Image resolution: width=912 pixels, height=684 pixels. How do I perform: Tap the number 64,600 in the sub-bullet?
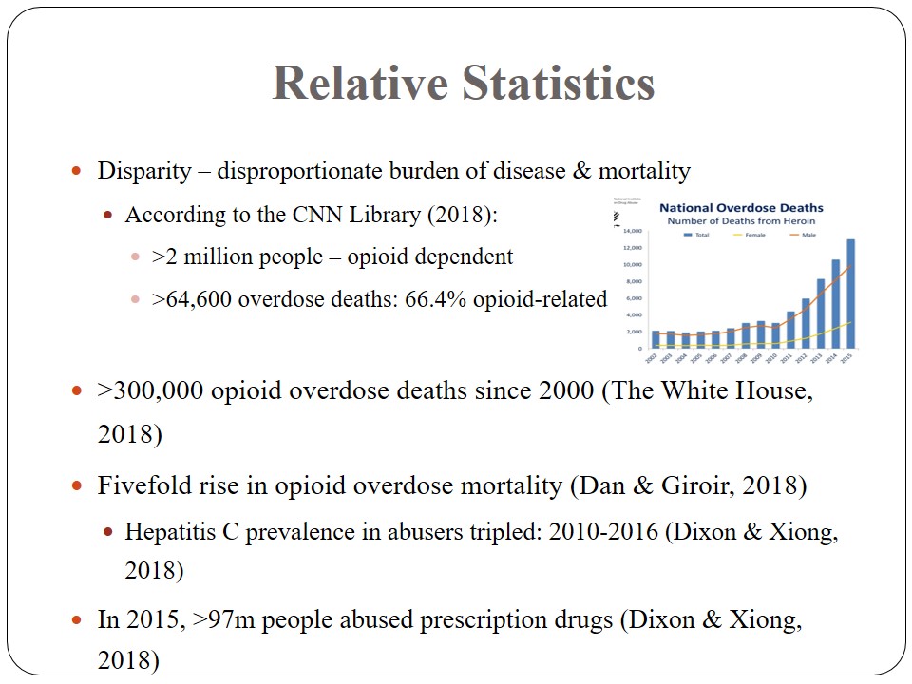tap(199, 299)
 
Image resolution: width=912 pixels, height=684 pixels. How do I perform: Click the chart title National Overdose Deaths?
tap(742, 207)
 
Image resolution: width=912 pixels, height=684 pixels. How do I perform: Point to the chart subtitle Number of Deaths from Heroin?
tap(742, 220)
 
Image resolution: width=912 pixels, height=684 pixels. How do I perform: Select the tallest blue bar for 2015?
tap(850, 294)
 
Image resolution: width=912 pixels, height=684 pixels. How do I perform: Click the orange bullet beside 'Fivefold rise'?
tap(78, 485)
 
